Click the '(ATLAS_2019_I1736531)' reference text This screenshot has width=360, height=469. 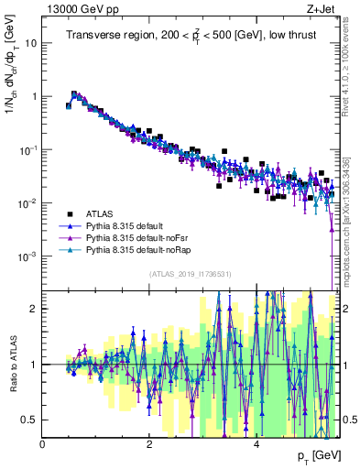point(190,274)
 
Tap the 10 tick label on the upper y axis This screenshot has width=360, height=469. point(31,43)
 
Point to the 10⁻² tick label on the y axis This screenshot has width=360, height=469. point(28,202)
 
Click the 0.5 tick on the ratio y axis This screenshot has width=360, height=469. point(29,420)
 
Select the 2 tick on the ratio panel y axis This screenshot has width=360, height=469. point(34,309)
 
